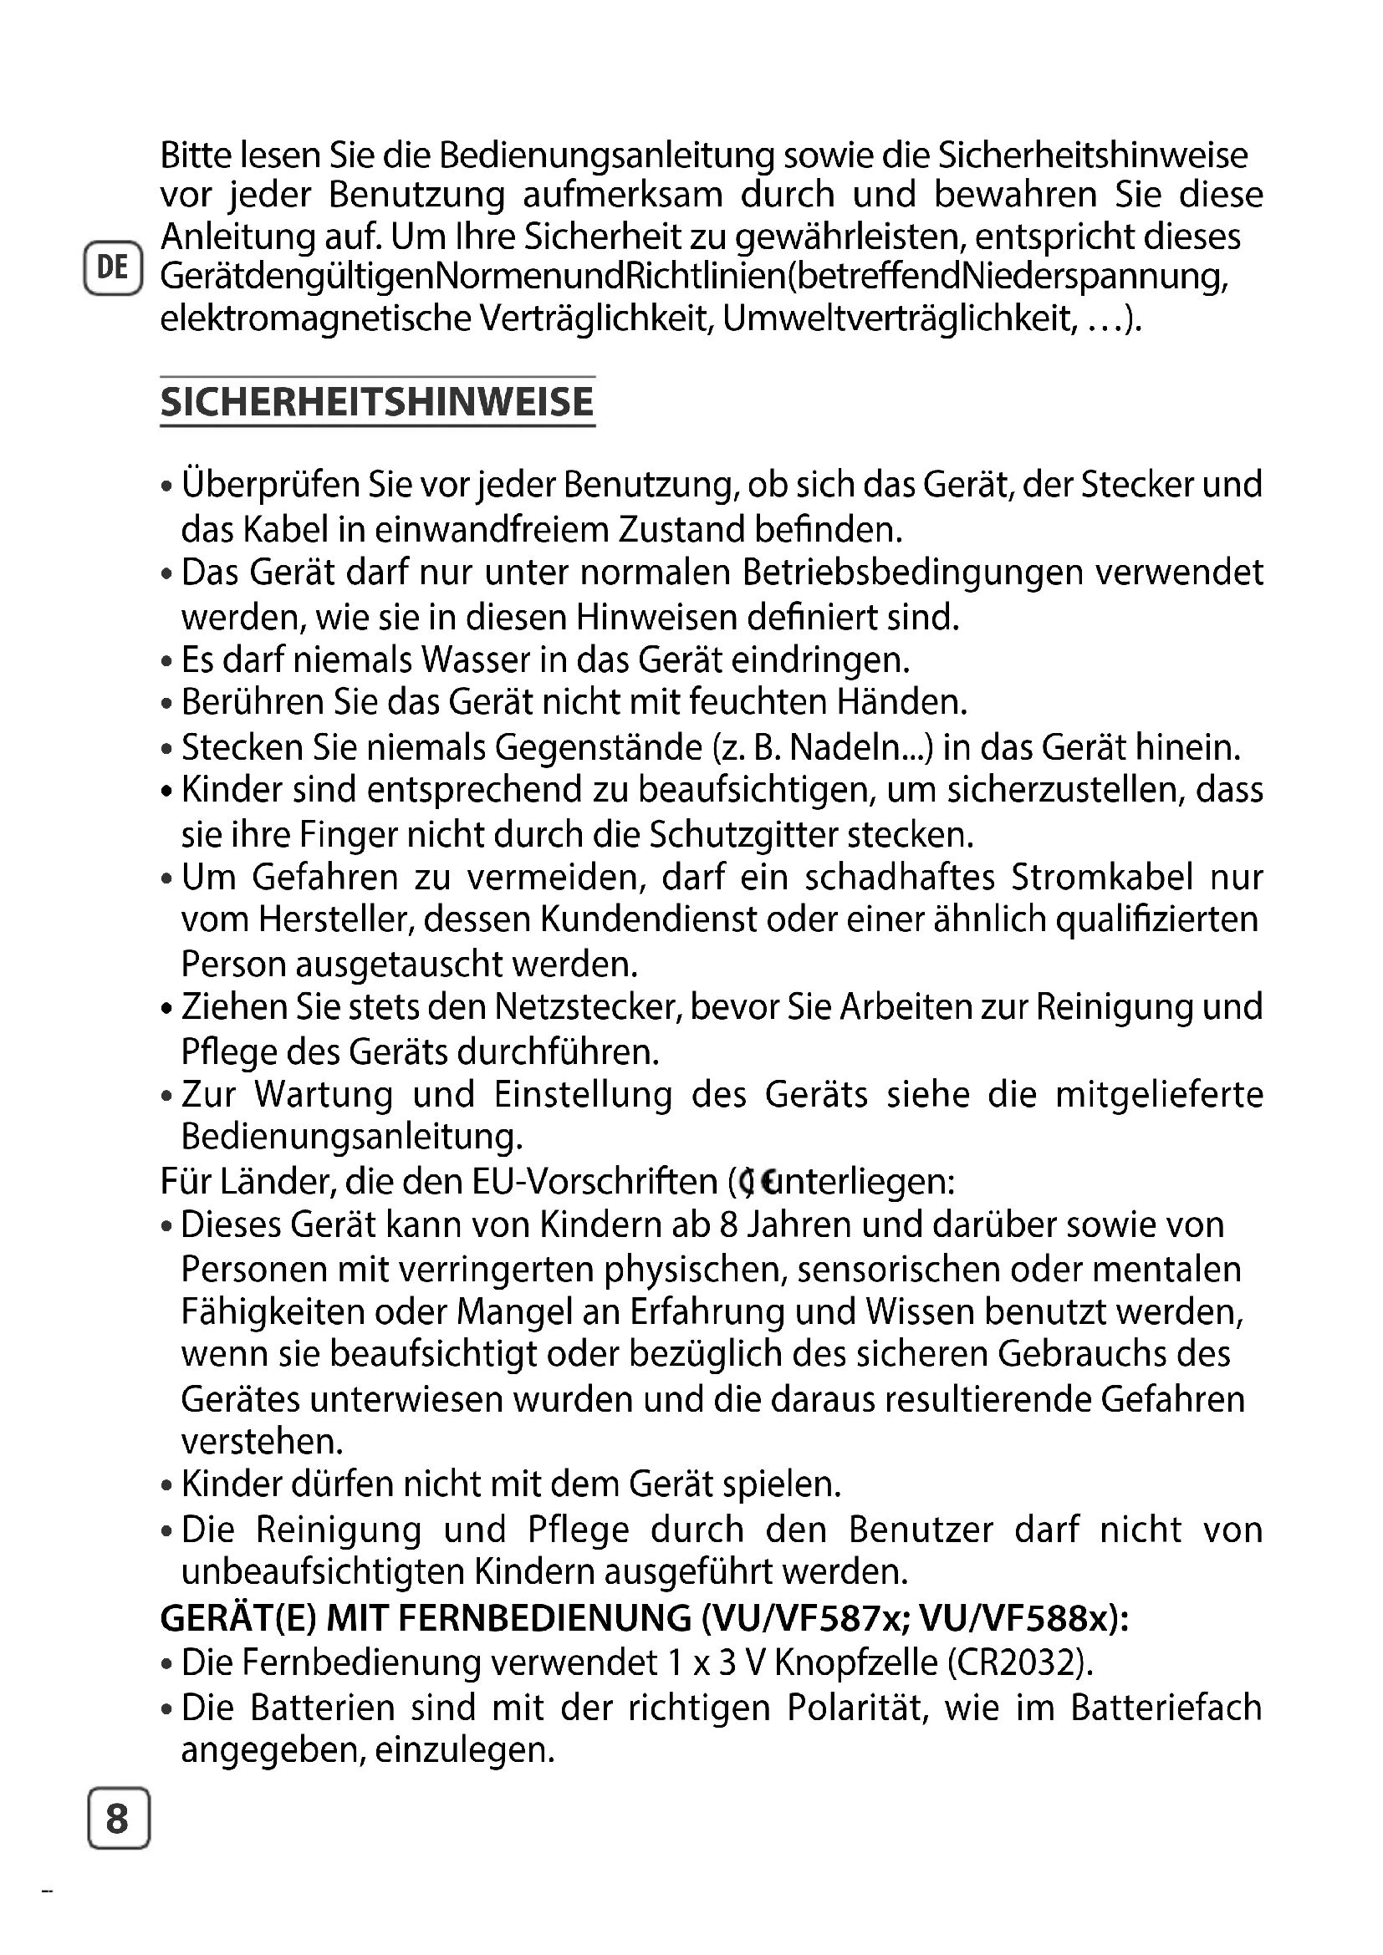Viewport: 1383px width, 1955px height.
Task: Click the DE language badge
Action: (x=112, y=268)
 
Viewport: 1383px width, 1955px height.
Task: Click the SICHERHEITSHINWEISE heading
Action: (x=377, y=402)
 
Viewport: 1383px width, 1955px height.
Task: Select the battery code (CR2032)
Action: (x=1019, y=1662)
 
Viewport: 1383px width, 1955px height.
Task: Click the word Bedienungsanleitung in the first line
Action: (x=607, y=155)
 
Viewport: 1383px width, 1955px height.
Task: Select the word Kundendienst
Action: (x=649, y=920)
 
